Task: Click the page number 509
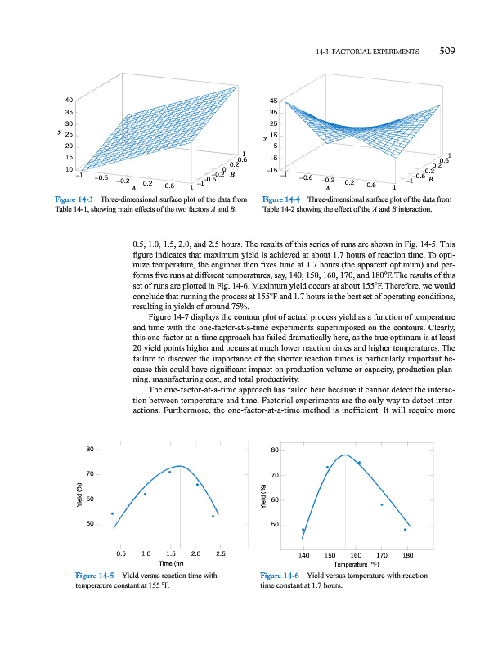446,51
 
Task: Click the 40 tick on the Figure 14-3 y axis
70,101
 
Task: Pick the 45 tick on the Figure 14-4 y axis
274,101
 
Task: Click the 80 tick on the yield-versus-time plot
88,449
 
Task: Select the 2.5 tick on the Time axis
220,554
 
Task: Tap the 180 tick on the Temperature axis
407,554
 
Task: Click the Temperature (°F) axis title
357,564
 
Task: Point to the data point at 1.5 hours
169,472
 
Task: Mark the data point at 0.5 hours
112,513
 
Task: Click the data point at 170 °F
382,504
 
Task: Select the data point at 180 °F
405,530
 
